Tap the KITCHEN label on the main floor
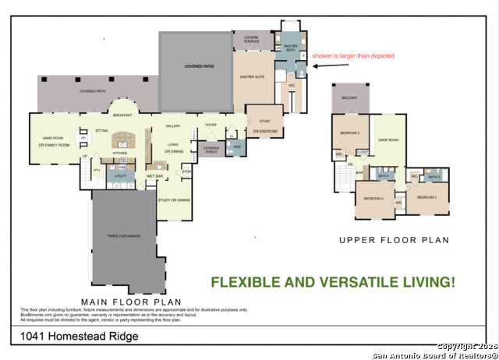coord(120,154)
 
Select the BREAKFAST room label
coord(122,115)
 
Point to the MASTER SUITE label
coord(251,77)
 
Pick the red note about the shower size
coord(353,56)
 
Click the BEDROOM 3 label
coord(426,197)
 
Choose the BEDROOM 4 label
coord(373,198)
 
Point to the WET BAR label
coord(154,177)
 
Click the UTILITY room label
coord(120,177)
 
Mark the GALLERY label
coord(173,125)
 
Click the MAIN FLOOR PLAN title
coord(132,302)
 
